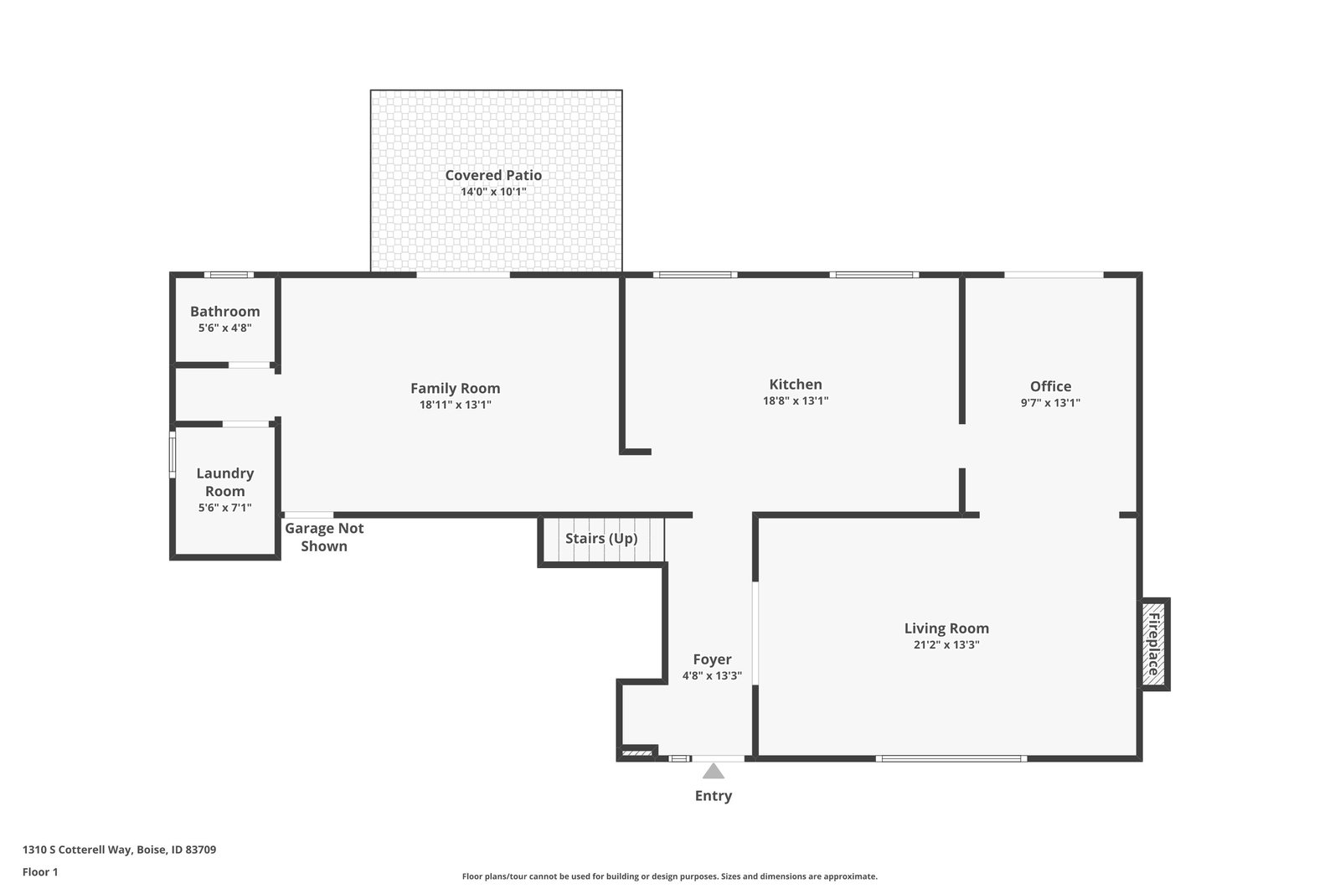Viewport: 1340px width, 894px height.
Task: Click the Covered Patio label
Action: point(493,175)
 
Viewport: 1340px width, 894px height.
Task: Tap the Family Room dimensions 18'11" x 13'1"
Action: point(456,405)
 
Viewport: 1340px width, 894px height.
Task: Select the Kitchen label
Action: point(796,385)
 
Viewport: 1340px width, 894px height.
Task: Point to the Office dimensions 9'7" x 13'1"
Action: point(1050,403)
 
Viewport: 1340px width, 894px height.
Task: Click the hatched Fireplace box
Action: point(1153,643)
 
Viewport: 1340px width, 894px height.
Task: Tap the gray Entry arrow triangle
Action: point(713,771)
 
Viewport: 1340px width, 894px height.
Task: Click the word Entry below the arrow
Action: point(713,796)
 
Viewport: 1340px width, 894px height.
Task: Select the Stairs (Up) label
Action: point(601,539)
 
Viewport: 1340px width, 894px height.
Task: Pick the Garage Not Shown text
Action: point(324,537)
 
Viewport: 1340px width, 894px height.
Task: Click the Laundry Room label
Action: point(225,482)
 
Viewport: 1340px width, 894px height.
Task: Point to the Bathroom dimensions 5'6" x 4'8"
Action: point(225,328)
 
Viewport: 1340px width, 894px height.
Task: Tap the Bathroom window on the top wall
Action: point(229,275)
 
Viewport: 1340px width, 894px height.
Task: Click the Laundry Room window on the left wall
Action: point(173,454)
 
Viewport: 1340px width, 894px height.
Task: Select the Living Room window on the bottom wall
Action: point(951,759)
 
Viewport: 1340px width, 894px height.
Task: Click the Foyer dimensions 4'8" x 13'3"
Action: point(712,675)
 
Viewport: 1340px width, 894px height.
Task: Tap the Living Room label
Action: point(946,628)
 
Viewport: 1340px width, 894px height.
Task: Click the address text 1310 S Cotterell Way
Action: point(77,850)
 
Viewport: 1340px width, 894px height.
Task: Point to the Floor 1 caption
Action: point(40,872)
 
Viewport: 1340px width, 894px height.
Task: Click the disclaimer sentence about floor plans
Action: point(669,876)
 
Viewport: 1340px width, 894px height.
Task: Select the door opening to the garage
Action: point(309,515)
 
